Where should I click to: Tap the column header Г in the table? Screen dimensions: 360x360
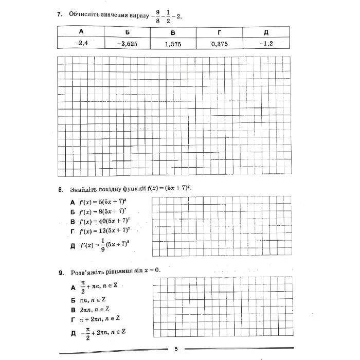(220, 32)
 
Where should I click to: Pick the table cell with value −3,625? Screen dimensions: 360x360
(127, 44)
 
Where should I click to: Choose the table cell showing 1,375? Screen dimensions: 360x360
(173, 44)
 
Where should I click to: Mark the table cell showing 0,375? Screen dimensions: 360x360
(220, 44)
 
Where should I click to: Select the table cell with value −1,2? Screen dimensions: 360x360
(266, 44)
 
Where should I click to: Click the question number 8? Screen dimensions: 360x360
(60, 189)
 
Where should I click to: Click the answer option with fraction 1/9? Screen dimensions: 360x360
(103, 245)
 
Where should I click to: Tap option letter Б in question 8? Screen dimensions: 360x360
(73, 211)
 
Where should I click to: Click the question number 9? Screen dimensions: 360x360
(60, 271)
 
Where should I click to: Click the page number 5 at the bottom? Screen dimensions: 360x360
(176, 349)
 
